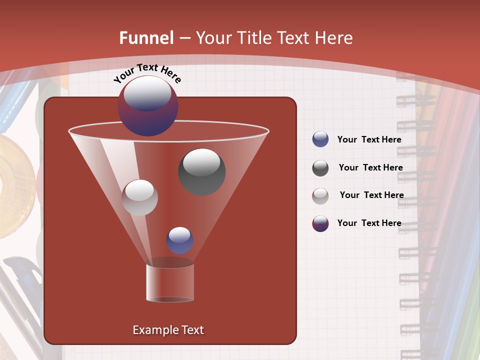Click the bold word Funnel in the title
point(146,38)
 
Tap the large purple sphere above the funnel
point(148,106)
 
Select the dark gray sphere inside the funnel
point(201,171)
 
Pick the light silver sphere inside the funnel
point(140,197)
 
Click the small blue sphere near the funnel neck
point(179,240)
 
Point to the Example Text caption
point(168,330)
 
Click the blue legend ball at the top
point(320,139)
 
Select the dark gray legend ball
point(320,168)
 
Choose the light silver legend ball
point(320,195)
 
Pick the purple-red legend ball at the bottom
point(320,223)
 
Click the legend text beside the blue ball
point(369,139)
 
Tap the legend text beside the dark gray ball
point(370,167)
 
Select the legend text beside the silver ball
point(371,195)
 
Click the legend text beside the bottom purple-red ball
point(369,223)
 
